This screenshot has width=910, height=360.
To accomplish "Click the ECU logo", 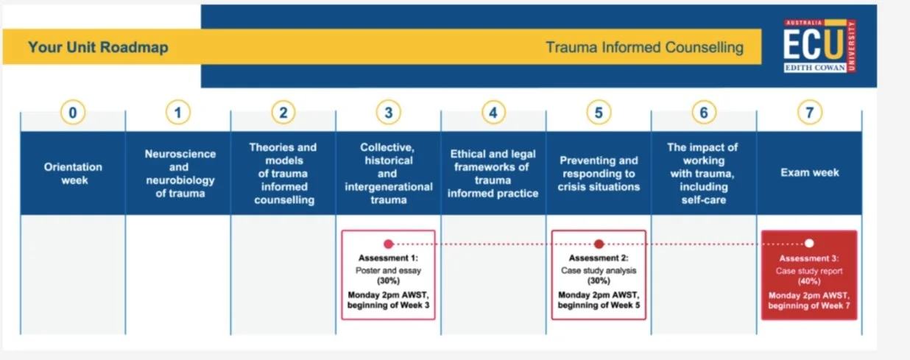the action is tap(819, 46).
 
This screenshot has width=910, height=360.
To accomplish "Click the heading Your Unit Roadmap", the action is tap(98, 48).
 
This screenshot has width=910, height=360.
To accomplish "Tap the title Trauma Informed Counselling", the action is tap(644, 48).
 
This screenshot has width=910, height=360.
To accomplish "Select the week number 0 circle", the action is tap(72, 113).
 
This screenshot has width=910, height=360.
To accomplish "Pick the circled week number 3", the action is tap(388, 113).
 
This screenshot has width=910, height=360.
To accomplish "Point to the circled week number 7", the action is tap(809, 113).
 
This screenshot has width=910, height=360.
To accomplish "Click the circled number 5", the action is tap(599, 113).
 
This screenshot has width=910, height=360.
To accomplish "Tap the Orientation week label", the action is tap(73, 173).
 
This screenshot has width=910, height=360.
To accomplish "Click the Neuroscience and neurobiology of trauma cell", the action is tap(180, 174).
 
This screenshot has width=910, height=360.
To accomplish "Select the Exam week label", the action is tap(810, 173).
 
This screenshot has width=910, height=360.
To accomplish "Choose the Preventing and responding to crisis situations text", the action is tap(599, 173).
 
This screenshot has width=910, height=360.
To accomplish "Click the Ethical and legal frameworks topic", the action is tap(493, 173).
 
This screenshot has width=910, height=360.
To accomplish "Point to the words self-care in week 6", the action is tap(704, 200).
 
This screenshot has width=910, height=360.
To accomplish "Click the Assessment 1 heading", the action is tap(388, 258).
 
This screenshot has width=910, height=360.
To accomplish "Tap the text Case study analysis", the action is tap(599, 270).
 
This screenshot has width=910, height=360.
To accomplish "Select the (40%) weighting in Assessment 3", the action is tap(809, 282).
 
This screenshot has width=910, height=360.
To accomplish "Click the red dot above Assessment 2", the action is tap(599, 244).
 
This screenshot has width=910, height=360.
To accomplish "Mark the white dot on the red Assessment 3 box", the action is tap(809, 243).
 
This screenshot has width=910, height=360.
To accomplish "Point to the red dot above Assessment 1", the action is tap(388, 244).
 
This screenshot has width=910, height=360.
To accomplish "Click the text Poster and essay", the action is tap(388, 270).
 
